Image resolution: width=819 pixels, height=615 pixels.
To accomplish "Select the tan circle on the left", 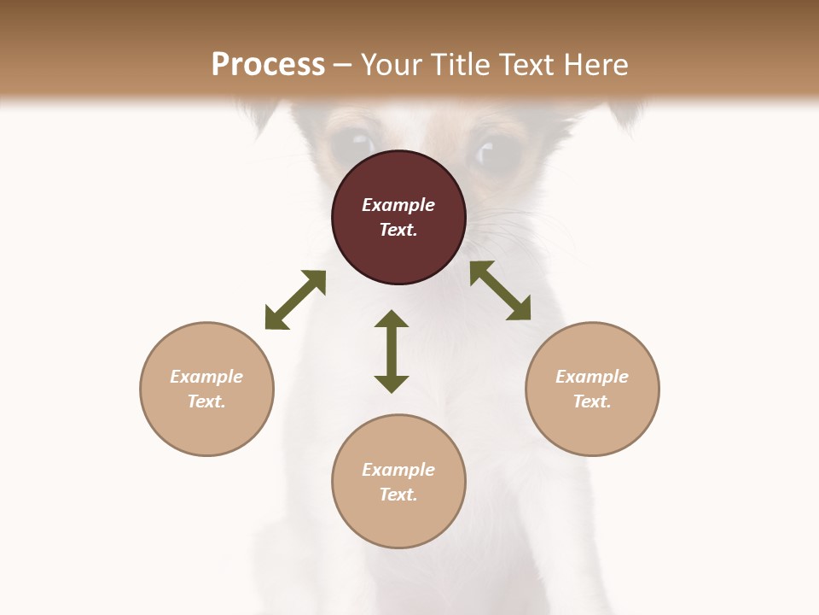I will coord(206,389).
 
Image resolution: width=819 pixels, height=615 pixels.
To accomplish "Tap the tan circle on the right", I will coord(592,389).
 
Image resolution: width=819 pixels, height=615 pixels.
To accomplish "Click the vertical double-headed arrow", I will coord(392,351).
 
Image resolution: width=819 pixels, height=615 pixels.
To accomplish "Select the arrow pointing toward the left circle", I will coord(295,300).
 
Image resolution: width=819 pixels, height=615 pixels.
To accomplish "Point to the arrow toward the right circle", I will coord(501,290).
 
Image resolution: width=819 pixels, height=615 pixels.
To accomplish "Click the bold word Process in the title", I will coord(268,65).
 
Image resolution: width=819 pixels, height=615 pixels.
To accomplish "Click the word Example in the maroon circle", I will coord(398,205).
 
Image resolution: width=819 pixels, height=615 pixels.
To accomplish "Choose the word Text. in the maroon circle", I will coord(398,230).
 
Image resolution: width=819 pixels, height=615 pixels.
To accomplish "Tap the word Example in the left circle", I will coord(206,377).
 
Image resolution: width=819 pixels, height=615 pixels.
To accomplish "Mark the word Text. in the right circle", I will coord(592,401).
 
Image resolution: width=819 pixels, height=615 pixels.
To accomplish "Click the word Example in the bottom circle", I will coord(398,470).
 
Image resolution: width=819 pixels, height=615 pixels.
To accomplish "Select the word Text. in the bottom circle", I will coord(398,495).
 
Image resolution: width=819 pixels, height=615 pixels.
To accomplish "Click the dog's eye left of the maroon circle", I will coord(354,141).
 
